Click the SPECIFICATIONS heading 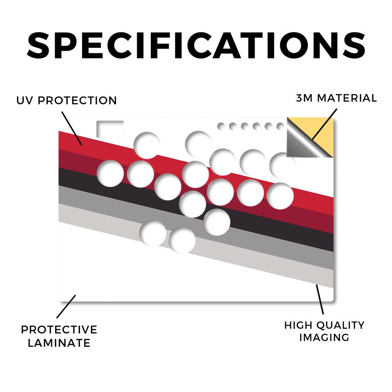[196, 46]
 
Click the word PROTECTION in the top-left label [77, 101]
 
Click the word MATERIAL [347, 98]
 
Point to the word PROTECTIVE [59, 330]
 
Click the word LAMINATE [59, 343]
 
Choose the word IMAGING [324, 338]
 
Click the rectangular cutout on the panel [110, 129]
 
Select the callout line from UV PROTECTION [72, 129]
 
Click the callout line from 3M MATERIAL [325, 124]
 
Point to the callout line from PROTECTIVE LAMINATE [66, 307]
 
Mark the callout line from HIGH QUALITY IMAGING [320, 299]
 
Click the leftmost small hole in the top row [221, 126]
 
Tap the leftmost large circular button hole [110, 173]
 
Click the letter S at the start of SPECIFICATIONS [38, 46]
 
